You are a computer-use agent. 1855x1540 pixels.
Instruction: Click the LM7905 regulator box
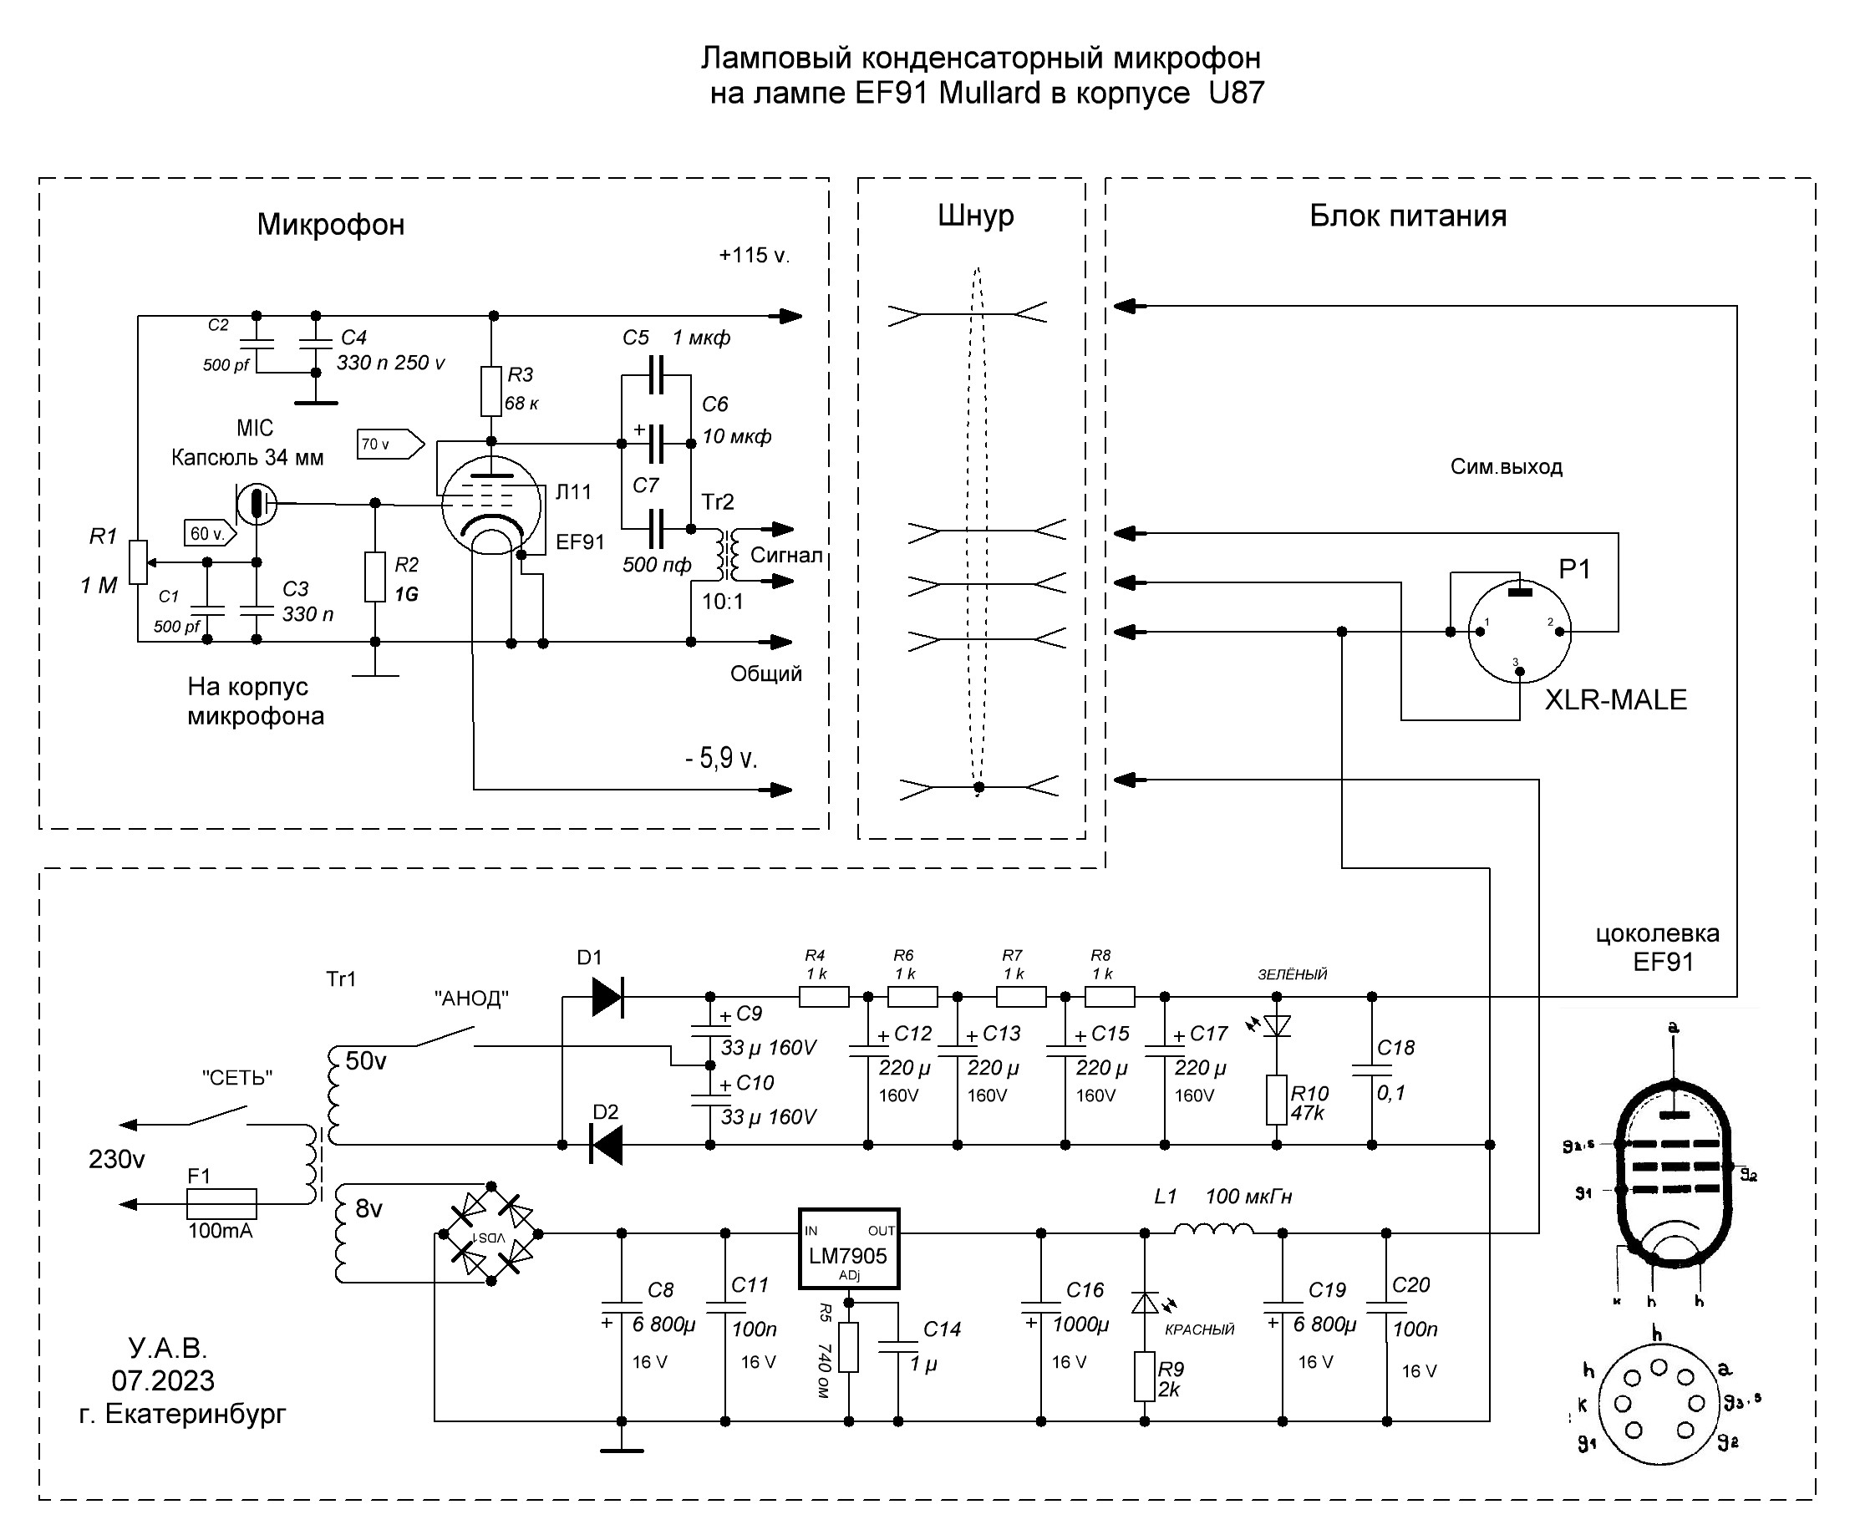click(848, 1248)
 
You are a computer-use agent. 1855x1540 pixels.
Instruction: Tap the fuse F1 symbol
click(221, 1203)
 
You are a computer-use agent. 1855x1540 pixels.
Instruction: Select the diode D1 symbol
click(607, 997)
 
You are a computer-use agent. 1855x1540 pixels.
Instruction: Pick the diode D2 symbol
click(606, 1145)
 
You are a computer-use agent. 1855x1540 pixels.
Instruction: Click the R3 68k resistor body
click(491, 390)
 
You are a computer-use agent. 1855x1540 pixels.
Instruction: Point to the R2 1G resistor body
click(375, 577)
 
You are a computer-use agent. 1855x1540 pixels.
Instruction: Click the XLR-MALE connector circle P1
click(1519, 632)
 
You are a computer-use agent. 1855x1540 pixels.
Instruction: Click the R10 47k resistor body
click(1277, 1099)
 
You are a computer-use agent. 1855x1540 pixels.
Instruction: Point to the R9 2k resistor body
click(1145, 1375)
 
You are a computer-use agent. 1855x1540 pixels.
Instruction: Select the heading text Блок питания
click(1407, 216)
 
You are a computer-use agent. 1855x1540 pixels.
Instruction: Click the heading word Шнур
click(975, 216)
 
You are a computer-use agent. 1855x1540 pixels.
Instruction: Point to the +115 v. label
click(754, 257)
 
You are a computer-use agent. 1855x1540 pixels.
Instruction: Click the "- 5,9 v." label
click(721, 758)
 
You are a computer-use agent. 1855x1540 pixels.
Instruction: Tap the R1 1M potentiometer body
click(138, 562)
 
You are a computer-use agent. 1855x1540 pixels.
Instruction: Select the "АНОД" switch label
click(472, 999)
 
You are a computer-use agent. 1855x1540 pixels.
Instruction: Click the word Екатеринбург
click(196, 1414)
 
